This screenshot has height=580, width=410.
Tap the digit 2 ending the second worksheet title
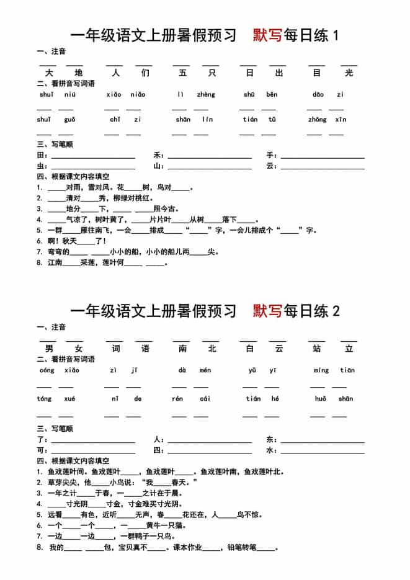click(x=336, y=311)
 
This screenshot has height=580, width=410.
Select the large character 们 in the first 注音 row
click(x=145, y=73)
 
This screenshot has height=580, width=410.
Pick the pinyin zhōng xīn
click(x=326, y=119)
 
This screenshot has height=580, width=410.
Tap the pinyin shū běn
click(x=260, y=94)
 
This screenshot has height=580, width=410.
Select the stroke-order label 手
click(x=270, y=155)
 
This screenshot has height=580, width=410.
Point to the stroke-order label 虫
click(x=41, y=166)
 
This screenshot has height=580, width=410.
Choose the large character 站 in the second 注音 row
click(x=317, y=349)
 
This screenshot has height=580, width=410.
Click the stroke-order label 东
click(x=270, y=439)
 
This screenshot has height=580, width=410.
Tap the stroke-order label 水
click(x=270, y=450)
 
